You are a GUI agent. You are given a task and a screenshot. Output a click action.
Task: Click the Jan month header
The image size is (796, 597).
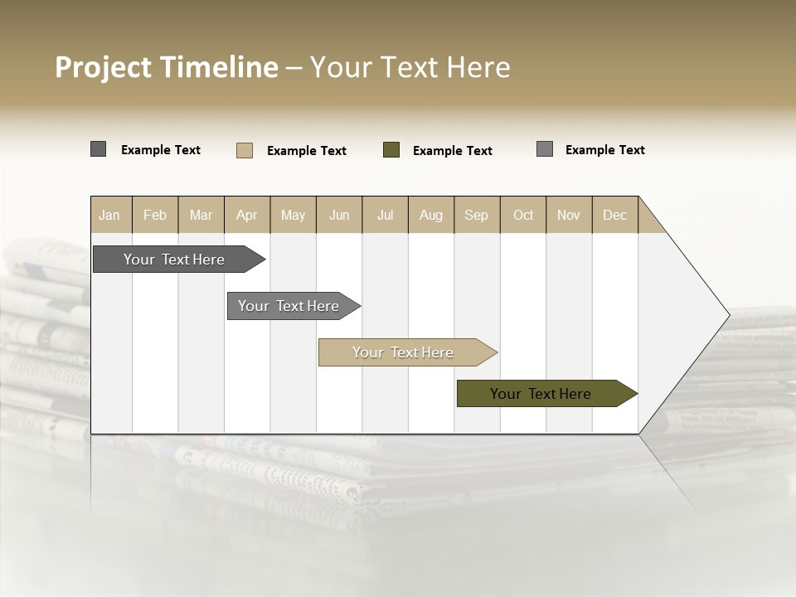pyautogui.click(x=109, y=215)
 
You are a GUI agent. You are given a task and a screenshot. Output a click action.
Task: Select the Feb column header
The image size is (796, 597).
pyautogui.click(x=155, y=215)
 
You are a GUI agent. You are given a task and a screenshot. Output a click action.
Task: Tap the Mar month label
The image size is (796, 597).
pyautogui.click(x=201, y=215)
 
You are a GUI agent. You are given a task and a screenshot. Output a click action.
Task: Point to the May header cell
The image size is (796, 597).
pyautogui.click(x=293, y=215)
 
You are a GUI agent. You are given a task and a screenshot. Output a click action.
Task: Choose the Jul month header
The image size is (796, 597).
pyautogui.click(x=385, y=215)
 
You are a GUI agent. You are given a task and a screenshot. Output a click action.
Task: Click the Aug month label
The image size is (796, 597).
pyautogui.click(x=431, y=215)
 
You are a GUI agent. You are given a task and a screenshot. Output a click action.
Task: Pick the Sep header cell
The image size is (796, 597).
pyautogui.click(x=477, y=215)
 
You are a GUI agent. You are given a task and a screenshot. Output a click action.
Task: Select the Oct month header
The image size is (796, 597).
pyautogui.click(x=523, y=215)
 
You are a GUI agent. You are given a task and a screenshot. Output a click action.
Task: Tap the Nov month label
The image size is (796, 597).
pyautogui.click(x=569, y=215)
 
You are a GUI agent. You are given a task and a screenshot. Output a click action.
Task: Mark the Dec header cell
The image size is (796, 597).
pyautogui.click(x=615, y=215)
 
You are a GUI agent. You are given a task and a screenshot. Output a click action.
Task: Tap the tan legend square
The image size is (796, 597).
pyautogui.click(x=245, y=150)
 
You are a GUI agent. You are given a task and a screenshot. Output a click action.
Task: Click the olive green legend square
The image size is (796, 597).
pyautogui.click(x=391, y=150)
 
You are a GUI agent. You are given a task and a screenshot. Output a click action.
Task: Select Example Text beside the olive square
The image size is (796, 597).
pyautogui.click(x=453, y=151)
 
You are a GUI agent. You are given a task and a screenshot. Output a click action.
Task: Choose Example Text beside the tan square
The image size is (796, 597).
pyautogui.click(x=307, y=151)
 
